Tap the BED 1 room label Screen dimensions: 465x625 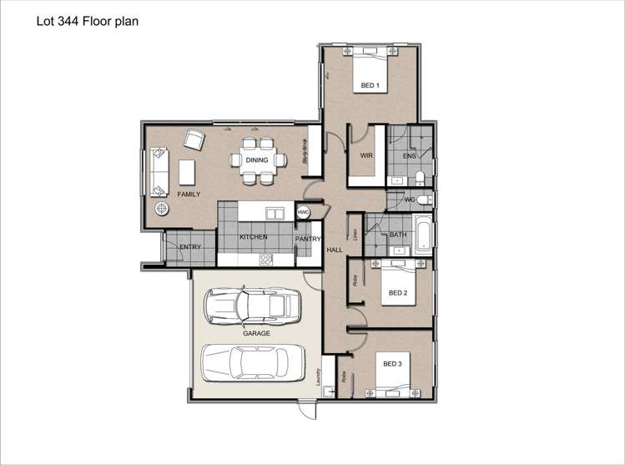pos(370,86)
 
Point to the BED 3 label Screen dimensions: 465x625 pos(393,364)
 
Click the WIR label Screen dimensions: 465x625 pos(365,155)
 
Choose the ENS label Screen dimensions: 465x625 pos(409,156)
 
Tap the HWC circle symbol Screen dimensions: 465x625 pos(304,214)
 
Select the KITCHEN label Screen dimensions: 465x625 pos(253,237)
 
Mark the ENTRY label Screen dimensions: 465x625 pos(189,246)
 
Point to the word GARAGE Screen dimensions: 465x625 pos(256,333)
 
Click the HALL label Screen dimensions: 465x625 pos(335,250)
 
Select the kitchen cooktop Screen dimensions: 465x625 pos(267,259)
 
